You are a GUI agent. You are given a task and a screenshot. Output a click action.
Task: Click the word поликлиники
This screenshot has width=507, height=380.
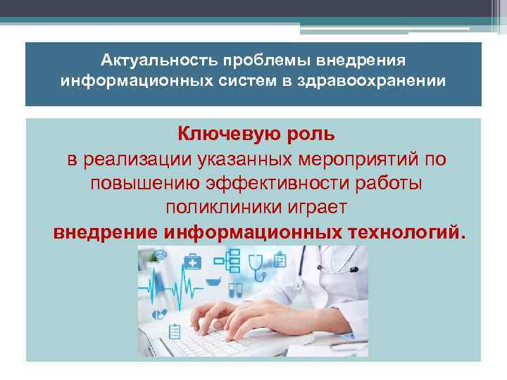(215, 208)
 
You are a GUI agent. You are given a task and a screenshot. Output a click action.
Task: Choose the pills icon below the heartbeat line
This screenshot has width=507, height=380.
(161, 315)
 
